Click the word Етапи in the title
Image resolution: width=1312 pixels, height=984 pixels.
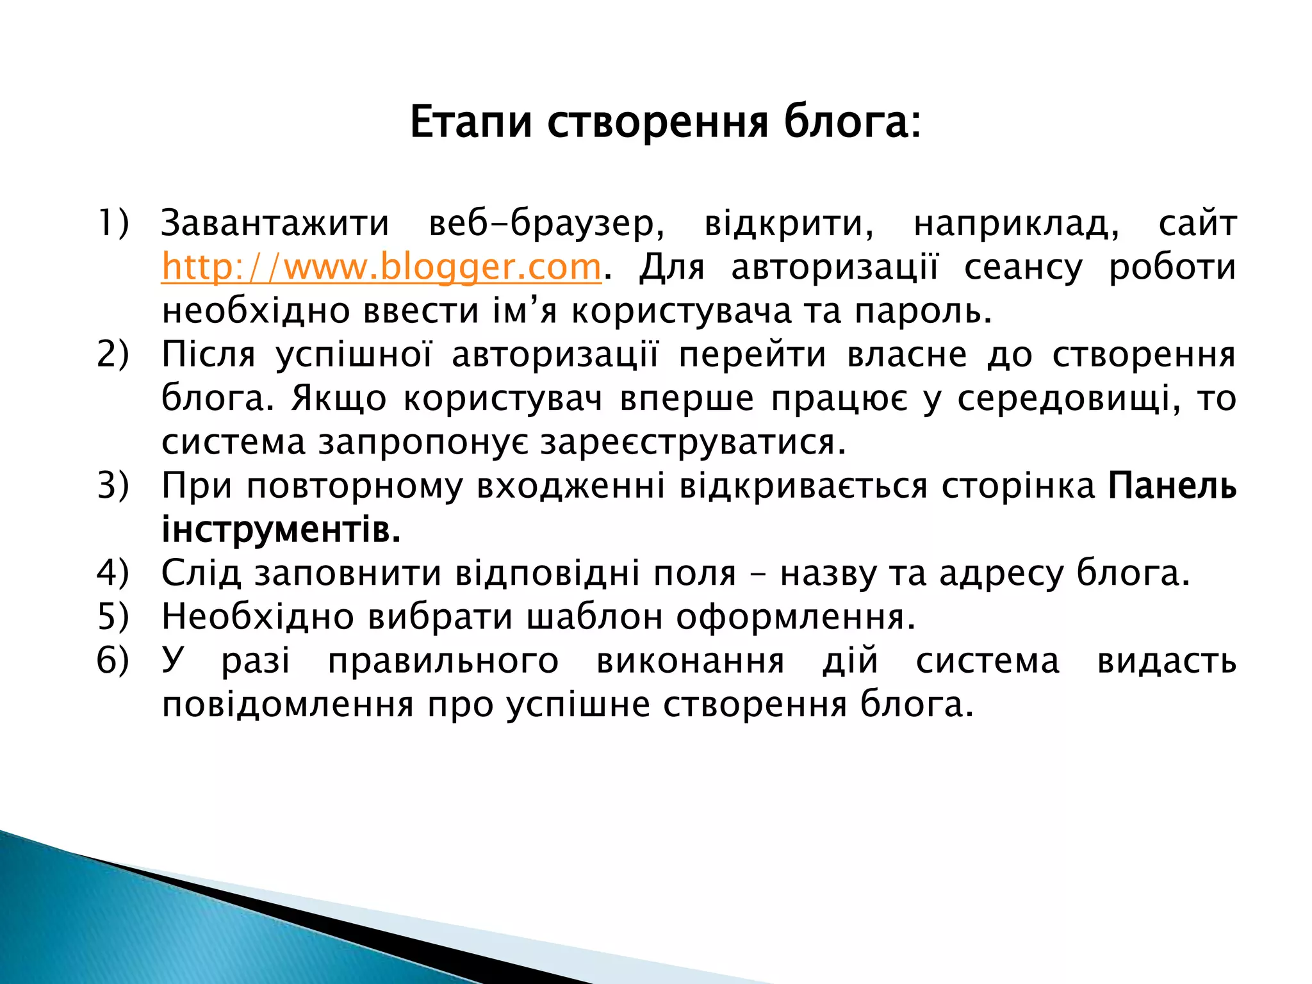point(471,122)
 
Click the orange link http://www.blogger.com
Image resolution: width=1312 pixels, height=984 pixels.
point(381,267)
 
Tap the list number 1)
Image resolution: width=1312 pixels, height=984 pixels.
point(113,224)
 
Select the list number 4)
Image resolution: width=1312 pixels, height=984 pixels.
point(113,573)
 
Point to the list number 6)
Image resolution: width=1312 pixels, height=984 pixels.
point(113,660)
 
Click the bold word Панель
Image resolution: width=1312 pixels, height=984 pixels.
point(1172,486)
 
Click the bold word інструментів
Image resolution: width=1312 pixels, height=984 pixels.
point(281,530)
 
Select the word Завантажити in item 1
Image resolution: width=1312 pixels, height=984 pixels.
point(275,224)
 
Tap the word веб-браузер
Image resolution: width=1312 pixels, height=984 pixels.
point(546,224)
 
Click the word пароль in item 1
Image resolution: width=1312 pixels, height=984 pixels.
point(922,311)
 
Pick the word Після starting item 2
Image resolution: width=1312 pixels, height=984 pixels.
point(208,354)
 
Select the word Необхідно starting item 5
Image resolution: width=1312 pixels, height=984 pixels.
point(258,617)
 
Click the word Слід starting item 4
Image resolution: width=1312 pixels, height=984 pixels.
point(201,573)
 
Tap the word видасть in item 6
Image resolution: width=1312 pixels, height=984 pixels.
point(1166,660)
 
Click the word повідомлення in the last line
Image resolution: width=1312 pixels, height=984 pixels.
point(288,705)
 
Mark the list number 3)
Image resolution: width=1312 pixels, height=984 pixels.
point(113,486)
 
